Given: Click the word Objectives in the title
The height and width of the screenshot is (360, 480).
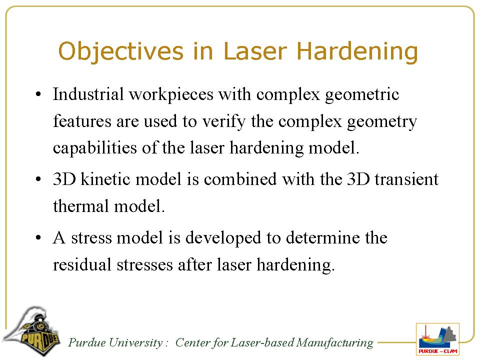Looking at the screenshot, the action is point(121,51).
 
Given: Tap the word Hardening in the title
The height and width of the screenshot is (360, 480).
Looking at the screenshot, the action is point(357,51).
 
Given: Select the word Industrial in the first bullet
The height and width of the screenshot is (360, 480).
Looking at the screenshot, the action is point(88,94).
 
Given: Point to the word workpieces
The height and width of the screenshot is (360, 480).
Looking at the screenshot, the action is point(171,95).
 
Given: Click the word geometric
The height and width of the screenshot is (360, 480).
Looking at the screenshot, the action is point(362,95).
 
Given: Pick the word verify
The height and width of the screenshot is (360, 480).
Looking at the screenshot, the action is point(224,122).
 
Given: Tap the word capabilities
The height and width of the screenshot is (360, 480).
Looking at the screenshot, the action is point(95,148).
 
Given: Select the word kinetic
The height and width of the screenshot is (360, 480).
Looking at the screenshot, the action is point(105,179).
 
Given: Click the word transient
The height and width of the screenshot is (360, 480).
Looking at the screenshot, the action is point(406,179).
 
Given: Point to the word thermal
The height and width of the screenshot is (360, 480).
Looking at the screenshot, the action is point(81,206).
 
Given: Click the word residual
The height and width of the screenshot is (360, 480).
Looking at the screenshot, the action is point(82,264).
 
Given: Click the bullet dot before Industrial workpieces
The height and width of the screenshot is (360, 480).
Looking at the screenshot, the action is point(38,94).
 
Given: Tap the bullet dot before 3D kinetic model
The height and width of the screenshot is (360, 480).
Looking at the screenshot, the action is point(38,179).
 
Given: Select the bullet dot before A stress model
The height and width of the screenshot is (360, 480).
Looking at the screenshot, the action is point(38,238).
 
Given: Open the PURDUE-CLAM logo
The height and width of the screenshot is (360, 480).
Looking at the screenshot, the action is point(438,339).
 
